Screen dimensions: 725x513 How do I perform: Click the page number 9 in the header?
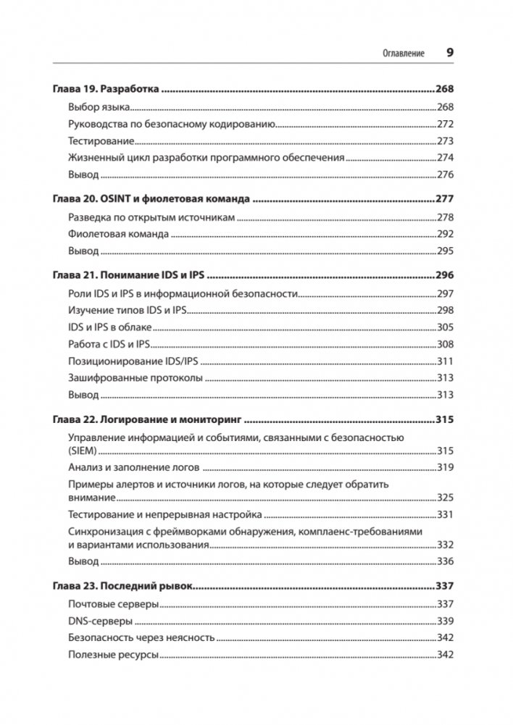pyautogui.click(x=449, y=53)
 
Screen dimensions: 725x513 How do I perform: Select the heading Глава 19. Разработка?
pyautogui.click(x=106, y=90)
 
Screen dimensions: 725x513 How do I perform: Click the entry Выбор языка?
pyautogui.click(x=99, y=107)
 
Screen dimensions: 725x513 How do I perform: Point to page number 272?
pyautogui.click(x=445, y=124)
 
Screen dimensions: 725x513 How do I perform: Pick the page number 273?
pyautogui.click(x=445, y=141)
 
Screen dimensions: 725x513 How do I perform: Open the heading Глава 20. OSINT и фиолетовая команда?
pyautogui.click(x=151, y=198)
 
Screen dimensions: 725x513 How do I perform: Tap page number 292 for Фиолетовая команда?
pyautogui.click(x=445, y=234)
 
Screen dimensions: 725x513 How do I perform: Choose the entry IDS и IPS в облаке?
pyautogui.click(x=110, y=327)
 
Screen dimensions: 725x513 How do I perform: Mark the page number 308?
pyautogui.click(x=445, y=344)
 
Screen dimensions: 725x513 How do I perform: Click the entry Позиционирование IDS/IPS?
pyautogui.click(x=133, y=361)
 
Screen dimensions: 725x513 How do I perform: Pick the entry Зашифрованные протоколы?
pyautogui.click(x=135, y=377)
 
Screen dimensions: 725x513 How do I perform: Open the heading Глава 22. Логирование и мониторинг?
pyautogui.click(x=147, y=419)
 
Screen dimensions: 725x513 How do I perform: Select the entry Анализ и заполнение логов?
pyautogui.click(x=134, y=467)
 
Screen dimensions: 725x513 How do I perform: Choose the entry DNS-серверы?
pyautogui.click(x=100, y=621)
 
